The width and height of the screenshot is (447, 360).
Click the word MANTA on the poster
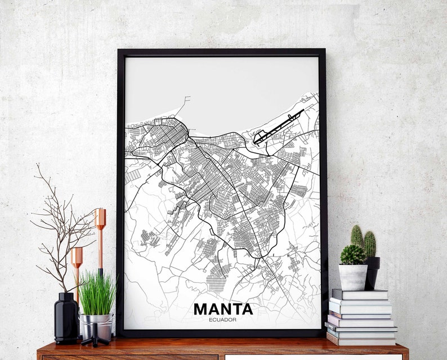click(x=223, y=309)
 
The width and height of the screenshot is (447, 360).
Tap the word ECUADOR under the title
click(x=223, y=320)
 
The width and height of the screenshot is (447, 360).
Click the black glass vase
click(x=66, y=318)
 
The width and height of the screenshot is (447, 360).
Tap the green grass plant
click(x=97, y=294)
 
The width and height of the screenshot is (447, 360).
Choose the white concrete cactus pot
click(x=353, y=277)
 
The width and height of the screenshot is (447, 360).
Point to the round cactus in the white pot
click(x=353, y=255)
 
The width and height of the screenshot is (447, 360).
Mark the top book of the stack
click(x=359, y=294)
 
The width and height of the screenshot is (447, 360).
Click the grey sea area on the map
click(x=225, y=90)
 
